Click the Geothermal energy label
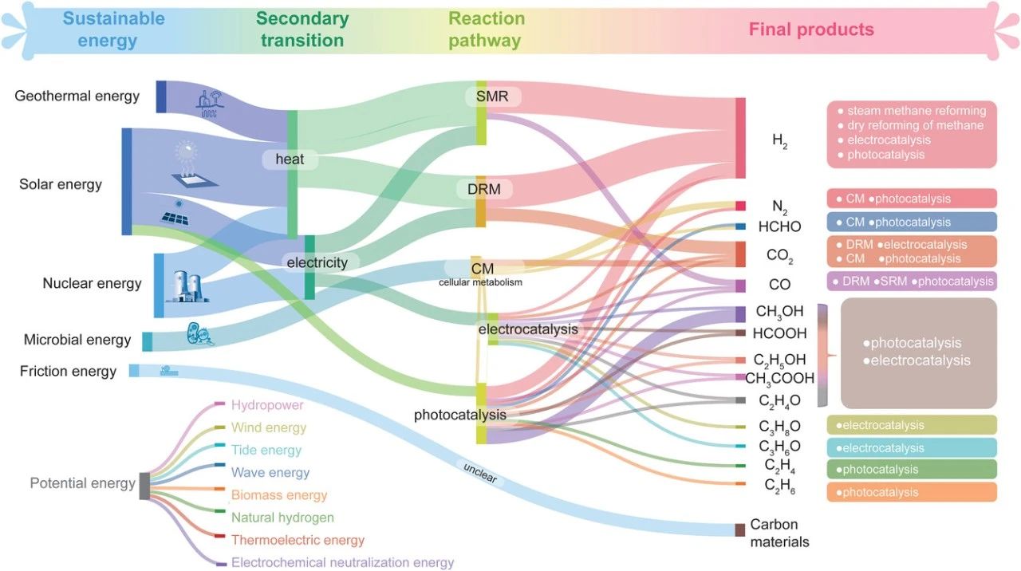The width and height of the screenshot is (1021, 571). coord(77,96)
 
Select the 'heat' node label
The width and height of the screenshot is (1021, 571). coord(290,159)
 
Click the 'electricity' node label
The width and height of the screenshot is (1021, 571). coord(317,262)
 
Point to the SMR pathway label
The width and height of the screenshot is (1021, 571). coord(491,97)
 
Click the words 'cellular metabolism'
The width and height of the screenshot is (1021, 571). coord(480,282)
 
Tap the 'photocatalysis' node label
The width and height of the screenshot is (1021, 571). coord(460,415)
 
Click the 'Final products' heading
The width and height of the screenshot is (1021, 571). coord(810,30)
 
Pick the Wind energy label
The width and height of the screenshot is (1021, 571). coord(269,427)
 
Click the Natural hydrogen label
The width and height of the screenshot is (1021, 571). coord(282,518)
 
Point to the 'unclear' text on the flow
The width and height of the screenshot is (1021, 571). coord(479,473)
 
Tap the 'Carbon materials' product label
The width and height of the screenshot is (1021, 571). coord(779,534)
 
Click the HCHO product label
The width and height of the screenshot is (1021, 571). coord(779,227)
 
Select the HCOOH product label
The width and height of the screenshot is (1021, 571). coord(780,333)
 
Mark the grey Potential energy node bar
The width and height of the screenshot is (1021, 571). coord(144,486)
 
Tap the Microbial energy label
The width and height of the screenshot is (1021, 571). coord(77,340)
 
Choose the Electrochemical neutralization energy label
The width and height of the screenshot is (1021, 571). coord(342,562)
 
